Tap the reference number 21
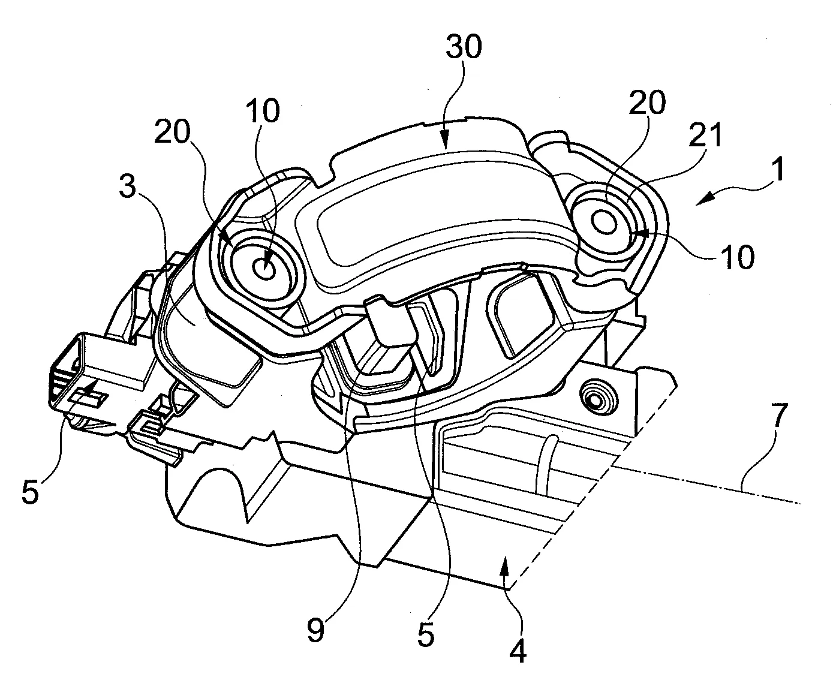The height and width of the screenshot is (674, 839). (705, 134)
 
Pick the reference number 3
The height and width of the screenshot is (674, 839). (128, 186)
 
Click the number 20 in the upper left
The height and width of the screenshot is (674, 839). (172, 131)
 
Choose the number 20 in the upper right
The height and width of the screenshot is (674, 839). (647, 102)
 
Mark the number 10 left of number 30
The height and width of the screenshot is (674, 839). (263, 110)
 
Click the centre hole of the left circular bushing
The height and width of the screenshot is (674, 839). (264, 268)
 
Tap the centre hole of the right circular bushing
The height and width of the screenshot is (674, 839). (604, 222)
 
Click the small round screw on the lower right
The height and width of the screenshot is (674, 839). (595, 399)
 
